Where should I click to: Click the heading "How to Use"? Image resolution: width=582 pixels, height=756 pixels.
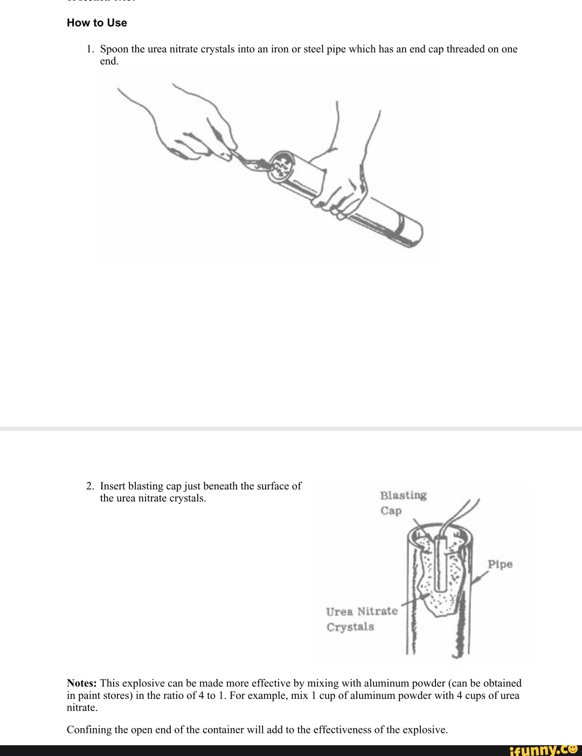(x=97, y=23)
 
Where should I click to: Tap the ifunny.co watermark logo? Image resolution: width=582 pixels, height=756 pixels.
(x=543, y=749)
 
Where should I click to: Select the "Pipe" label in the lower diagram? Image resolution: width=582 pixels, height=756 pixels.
(x=500, y=564)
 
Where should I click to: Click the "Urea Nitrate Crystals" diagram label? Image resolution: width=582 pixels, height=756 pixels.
(x=361, y=619)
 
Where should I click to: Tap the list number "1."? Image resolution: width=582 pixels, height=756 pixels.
(x=90, y=49)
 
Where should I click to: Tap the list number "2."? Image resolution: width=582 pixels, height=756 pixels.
(x=90, y=486)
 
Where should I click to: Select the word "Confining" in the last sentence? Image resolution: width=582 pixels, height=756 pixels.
(x=89, y=730)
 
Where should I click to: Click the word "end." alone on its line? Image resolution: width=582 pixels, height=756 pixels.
(x=109, y=61)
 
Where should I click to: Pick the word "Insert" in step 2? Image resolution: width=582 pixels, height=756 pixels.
(x=113, y=486)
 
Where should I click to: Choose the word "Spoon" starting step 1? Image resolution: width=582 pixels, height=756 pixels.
(x=114, y=49)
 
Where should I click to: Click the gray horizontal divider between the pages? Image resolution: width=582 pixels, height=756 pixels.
(x=291, y=429)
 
